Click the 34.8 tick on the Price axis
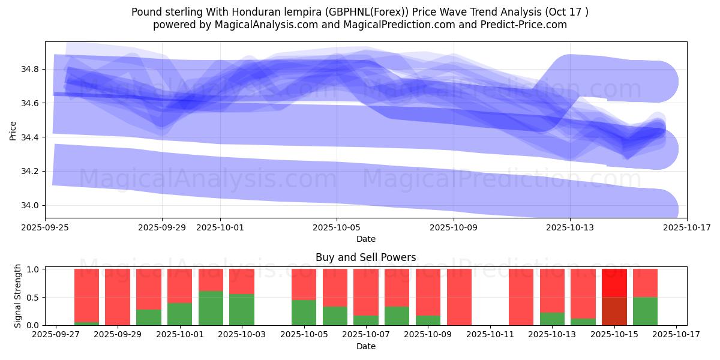[30, 70]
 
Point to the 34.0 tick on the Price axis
[30, 205]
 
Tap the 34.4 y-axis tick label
[30, 137]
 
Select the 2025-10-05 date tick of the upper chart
[337, 227]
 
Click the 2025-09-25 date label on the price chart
[46, 227]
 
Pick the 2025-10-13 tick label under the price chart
[570, 227]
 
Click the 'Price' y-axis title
[13, 130]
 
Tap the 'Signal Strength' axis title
[18, 296]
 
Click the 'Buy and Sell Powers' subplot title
[365, 257]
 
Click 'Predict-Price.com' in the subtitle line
[517, 25]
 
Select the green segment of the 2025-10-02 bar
[211, 308]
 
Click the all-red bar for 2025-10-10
[459, 297]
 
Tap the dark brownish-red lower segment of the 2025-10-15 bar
[614, 311]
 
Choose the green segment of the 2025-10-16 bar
[645, 311]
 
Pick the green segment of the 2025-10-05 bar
[304, 313]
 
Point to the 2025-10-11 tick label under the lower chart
[490, 335]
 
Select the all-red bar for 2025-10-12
[521, 297]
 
